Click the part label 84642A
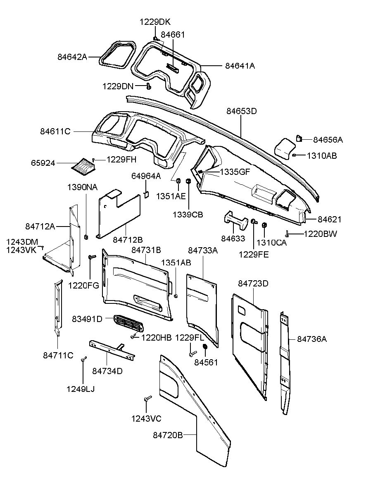click(x=72, y=57)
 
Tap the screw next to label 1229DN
click(x=149, y=86)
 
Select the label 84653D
click(x=242, y=111)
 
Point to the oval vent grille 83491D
click(x=128, y=323)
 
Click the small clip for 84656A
click(x=299, y=138)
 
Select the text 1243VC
click(x=146, y=419)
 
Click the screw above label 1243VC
click(x=148, y=398)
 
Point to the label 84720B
click(x=168, y=435)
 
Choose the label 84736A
click(x=312, y=339)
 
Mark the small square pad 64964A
click(x=146, y=195)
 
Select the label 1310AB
click(x=321, y=156)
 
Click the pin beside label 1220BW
click(x=286, y=234)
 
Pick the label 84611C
click(x=55, y=131)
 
